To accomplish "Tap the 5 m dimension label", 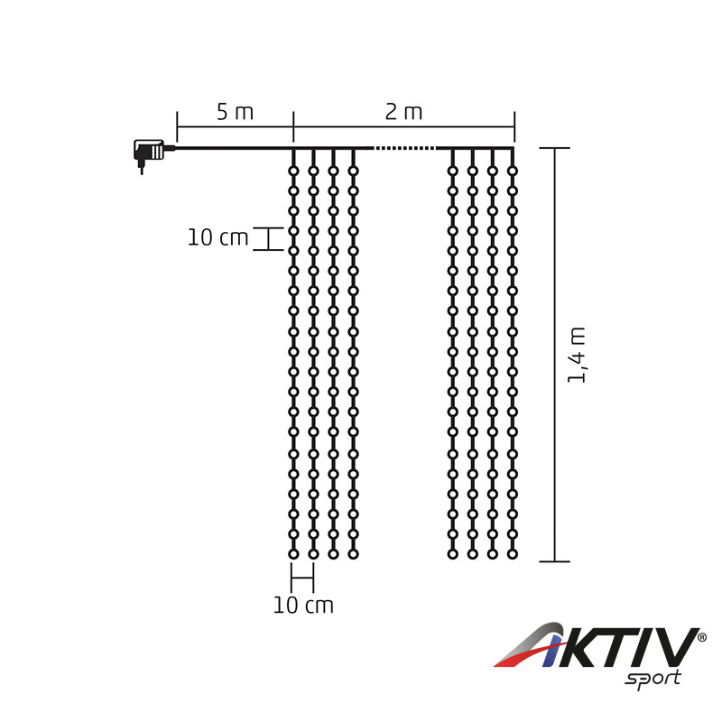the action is click(235, 112).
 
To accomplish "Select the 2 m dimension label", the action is click(403, 112).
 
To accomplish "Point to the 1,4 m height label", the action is click(577, 355).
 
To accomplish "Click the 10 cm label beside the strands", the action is click(218, 237).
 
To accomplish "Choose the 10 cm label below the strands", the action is click(303, 605).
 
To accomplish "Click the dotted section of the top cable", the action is click(403, 148).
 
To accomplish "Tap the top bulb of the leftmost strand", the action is click(293, 171).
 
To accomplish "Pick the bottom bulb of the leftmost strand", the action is click(293, 554).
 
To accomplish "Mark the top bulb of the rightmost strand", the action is click(513, 171).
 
